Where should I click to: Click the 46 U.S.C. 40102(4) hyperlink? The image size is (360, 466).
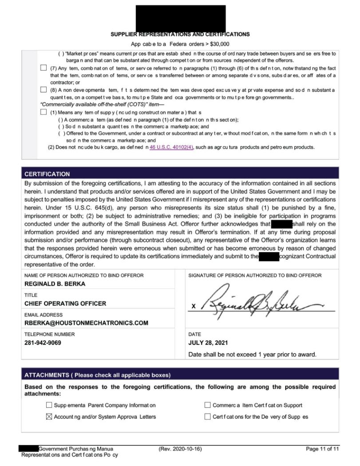click(171, 147)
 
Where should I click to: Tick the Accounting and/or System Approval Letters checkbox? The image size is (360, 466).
click(49, 417)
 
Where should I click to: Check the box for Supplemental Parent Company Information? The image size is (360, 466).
click(49, 405)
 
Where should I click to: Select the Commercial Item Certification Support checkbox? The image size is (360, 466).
click(207, 405)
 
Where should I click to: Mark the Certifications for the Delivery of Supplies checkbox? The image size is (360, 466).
click(207, 417)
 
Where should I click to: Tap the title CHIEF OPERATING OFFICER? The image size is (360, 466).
click(65, 304)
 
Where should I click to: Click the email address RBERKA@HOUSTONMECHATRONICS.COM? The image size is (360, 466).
click(86, 323)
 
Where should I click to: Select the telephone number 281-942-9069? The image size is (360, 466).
click(43, 343)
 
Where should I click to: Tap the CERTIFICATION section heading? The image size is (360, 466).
click(47, 174)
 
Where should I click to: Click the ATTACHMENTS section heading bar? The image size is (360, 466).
click(180, 375)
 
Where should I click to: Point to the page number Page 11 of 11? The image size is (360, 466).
click(322, 449)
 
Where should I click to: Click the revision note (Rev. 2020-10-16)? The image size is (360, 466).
click(180, 449)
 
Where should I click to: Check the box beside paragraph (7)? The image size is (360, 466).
click(44, 68)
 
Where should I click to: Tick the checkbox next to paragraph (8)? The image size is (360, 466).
click(44, 90)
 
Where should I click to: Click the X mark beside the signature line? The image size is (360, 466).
click(193, 307)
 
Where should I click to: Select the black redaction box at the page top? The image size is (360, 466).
click(181, 18)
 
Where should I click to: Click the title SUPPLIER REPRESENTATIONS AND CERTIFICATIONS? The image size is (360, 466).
click(180, 34)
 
